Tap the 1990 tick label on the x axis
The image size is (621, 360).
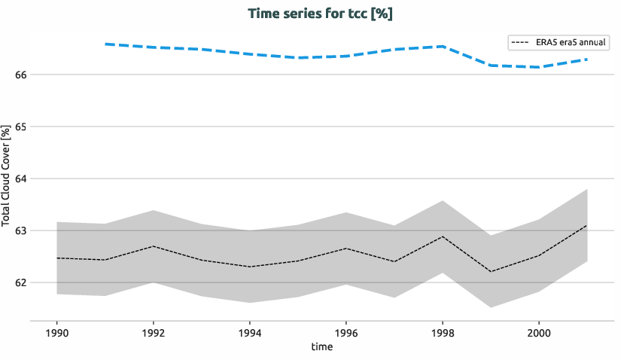56,332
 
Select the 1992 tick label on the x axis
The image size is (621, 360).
153,332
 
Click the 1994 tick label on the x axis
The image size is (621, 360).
249,332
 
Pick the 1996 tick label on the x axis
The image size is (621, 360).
346,332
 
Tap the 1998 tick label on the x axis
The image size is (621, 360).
442,332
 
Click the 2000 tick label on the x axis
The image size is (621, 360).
538,332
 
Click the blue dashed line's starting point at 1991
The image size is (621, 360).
105,44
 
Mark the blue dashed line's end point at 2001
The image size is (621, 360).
586,59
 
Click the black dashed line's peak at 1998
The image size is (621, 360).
442,236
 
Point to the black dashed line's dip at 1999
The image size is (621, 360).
490,272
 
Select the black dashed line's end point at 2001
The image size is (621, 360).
586,225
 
